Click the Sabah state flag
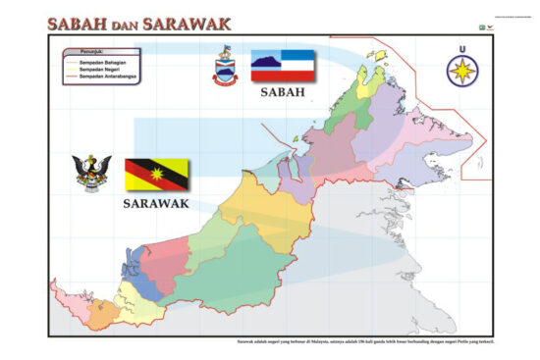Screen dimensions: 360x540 point(283,66)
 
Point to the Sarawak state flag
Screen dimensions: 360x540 point(157,175)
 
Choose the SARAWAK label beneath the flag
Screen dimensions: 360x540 point(157,205)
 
